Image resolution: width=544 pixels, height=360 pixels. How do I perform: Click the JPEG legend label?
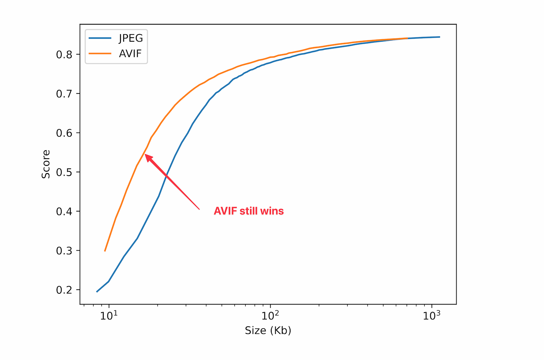(x=131, y=38)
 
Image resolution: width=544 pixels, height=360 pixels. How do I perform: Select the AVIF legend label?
(x=130, y=54)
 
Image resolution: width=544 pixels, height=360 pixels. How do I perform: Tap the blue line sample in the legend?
(x=100, y=38)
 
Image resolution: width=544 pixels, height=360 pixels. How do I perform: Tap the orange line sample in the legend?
(x=100, y=54)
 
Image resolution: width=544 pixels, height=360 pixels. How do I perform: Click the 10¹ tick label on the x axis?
(x=109, y=315)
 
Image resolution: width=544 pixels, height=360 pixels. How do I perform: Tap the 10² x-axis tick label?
(x=270, y=315)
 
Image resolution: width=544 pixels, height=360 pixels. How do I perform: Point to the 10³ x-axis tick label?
(x=432, y=315)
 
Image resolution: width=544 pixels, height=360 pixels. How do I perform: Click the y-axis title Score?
(x=46, y=164)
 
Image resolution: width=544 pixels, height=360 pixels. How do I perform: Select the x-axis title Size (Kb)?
(x=268, y=330)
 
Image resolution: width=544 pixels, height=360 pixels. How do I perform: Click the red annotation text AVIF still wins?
(x=249, y=211)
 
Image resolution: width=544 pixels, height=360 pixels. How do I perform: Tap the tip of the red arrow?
(x=145, y=155)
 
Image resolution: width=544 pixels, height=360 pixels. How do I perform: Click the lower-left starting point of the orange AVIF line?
(x=105, y=251)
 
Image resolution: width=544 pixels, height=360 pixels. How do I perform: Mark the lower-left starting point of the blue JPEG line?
(x=96, y=292)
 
